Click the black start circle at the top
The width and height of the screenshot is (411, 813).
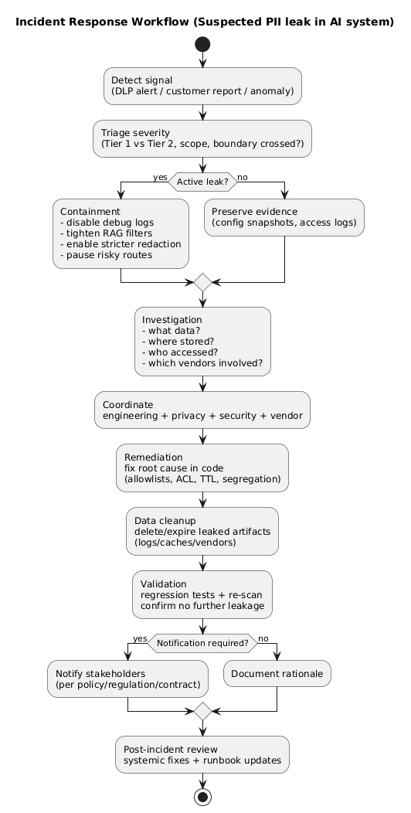coord(202,44)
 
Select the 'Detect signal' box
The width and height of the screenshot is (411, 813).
coord(202,86)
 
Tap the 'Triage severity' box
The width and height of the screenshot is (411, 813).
coord(202,138)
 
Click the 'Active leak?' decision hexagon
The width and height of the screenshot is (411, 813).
coord(202,182)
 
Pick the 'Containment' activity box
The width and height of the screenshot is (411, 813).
coord(121,233)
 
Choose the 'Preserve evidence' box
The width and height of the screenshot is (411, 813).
coord(284,217)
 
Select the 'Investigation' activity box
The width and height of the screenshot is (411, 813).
coord(202,341)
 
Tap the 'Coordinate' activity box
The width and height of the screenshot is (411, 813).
coord(202,410)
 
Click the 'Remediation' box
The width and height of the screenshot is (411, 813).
coord(202,468)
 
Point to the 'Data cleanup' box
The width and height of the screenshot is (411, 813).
coord(202,531)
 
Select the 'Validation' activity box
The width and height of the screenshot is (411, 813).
coord(202,594)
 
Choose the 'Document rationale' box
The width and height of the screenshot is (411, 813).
coord(277,674)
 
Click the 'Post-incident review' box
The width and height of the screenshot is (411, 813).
coord(202,754)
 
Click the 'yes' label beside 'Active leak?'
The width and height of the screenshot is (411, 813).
coord(160,177)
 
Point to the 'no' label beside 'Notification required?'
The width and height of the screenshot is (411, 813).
coord(263,638)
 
